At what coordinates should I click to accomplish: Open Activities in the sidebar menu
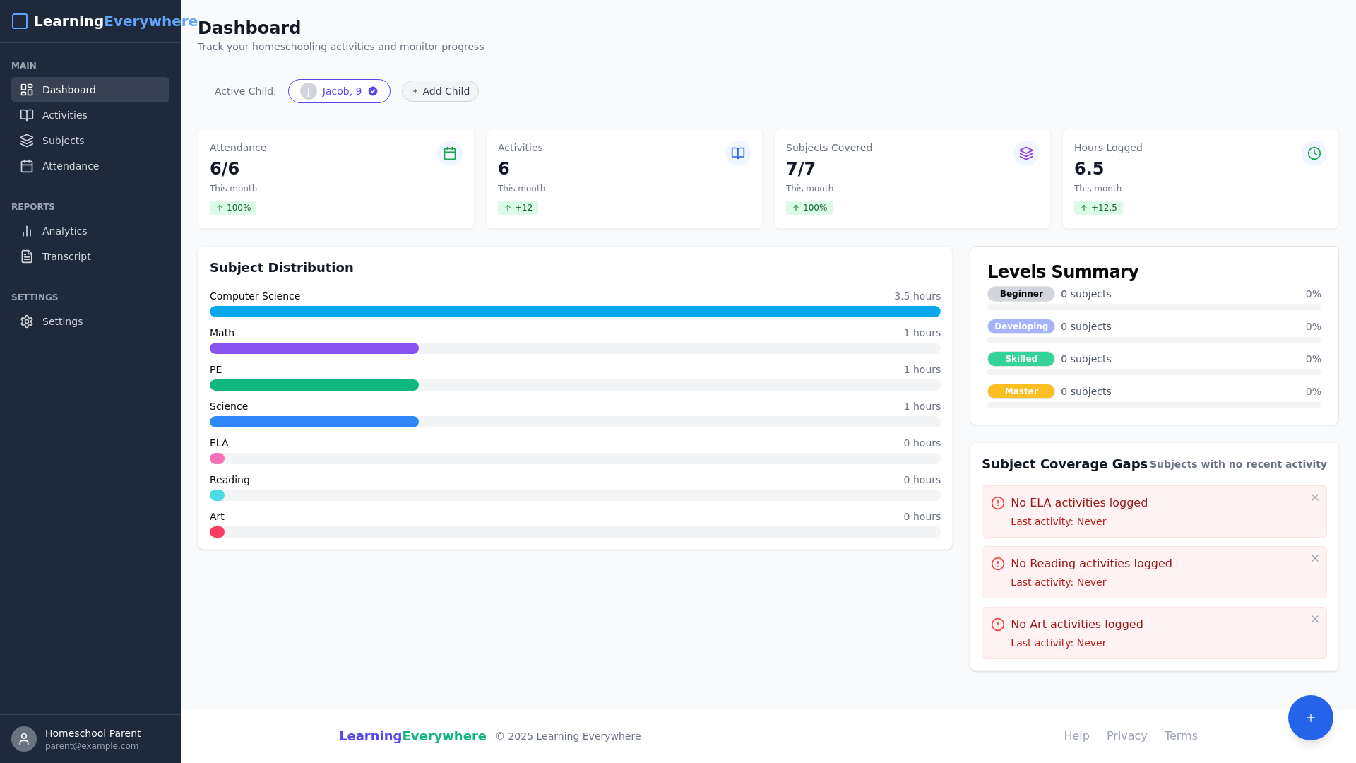(x=64, y=115)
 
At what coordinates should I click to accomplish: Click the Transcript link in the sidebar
(x=66, y=256)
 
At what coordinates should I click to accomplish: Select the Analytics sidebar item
(x=64, y=231)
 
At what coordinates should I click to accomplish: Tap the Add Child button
(x=440, y=91)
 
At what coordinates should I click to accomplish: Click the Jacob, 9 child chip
(x=339, y=91)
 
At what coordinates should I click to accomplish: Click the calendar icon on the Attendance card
(x=450, y=153)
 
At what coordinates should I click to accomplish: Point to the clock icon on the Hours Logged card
(x=1314, y=153)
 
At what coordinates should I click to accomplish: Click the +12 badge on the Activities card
(x=518, y=208)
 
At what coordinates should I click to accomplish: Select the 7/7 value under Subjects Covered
(x=800, y=169)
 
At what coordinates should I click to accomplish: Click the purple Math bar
(x=314, y=348)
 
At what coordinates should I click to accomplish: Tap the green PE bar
(x=314, y=385)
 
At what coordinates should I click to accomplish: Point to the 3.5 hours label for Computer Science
(x=917, y=296)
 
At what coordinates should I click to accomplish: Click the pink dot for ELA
(x=218, y=459)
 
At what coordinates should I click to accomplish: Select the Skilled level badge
(x=1021, y=359)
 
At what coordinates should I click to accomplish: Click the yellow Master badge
(x=1021, y=391)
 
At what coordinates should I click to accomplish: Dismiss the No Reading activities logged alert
(x=1314, y=558)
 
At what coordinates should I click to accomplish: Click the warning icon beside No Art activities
(x=998, y=625)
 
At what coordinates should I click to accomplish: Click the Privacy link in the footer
(x=1126, y=735)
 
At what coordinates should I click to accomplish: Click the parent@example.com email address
(x=92, y=746)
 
